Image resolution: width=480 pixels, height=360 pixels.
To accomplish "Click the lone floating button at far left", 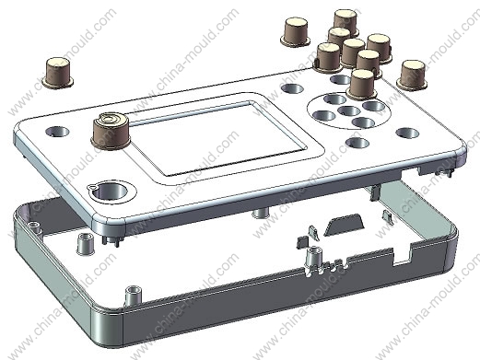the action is pyautogui.click(x=58, y=73).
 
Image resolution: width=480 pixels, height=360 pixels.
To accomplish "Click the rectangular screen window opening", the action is pyautogui.click(x=219, y=138).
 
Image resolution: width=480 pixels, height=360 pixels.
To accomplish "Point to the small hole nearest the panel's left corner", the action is pyautogui.click(x=57, y=132).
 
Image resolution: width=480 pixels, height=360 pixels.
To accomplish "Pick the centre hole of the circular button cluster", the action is pyautogui.click(x=349, y=110).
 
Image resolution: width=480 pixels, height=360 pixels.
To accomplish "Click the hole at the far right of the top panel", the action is pyautogui.click(x=407, y=134).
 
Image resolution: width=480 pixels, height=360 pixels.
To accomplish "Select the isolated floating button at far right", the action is pyautogui.click(x=412, y=75).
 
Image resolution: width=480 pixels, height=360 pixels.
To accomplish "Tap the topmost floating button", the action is pyautogui.click(x=345, y=21).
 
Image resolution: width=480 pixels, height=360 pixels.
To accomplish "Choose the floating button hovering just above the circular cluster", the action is pyautogui.click(x=362, y=85).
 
